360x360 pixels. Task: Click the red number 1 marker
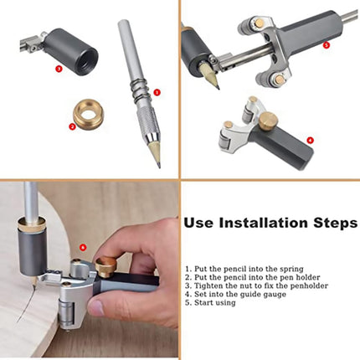[x=157, y=92]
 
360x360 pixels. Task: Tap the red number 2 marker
[x=72, y=126]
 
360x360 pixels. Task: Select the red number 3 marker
[x=59, y=68]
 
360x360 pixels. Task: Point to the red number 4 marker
[x=310, y=140]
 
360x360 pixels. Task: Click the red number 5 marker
[x=327, y=45]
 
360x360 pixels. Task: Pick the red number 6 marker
[x=83, y=247]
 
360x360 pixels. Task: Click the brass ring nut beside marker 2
[x=89, y=115]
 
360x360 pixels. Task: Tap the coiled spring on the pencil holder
[x=139, y=90]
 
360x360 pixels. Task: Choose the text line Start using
[x=210, y=303]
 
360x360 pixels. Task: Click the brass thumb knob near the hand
[x=105, y=267]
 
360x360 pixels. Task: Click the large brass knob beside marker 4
[x=268, y=120]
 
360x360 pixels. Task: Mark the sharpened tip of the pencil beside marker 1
[x=159, y=165]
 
